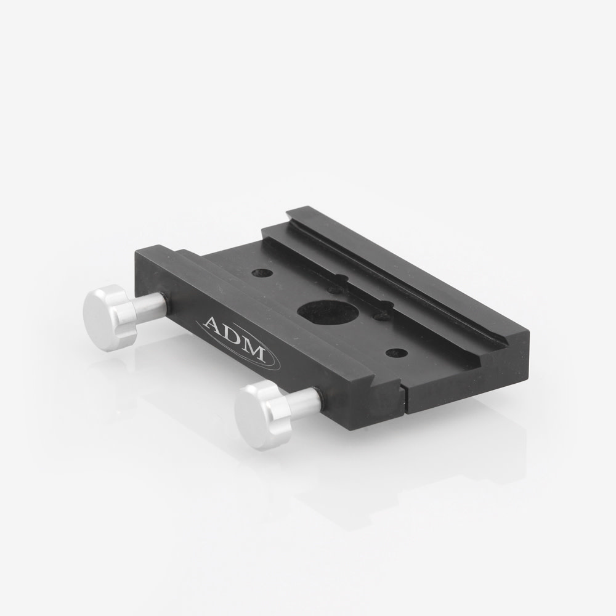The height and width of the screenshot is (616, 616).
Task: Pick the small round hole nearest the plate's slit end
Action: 395,353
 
